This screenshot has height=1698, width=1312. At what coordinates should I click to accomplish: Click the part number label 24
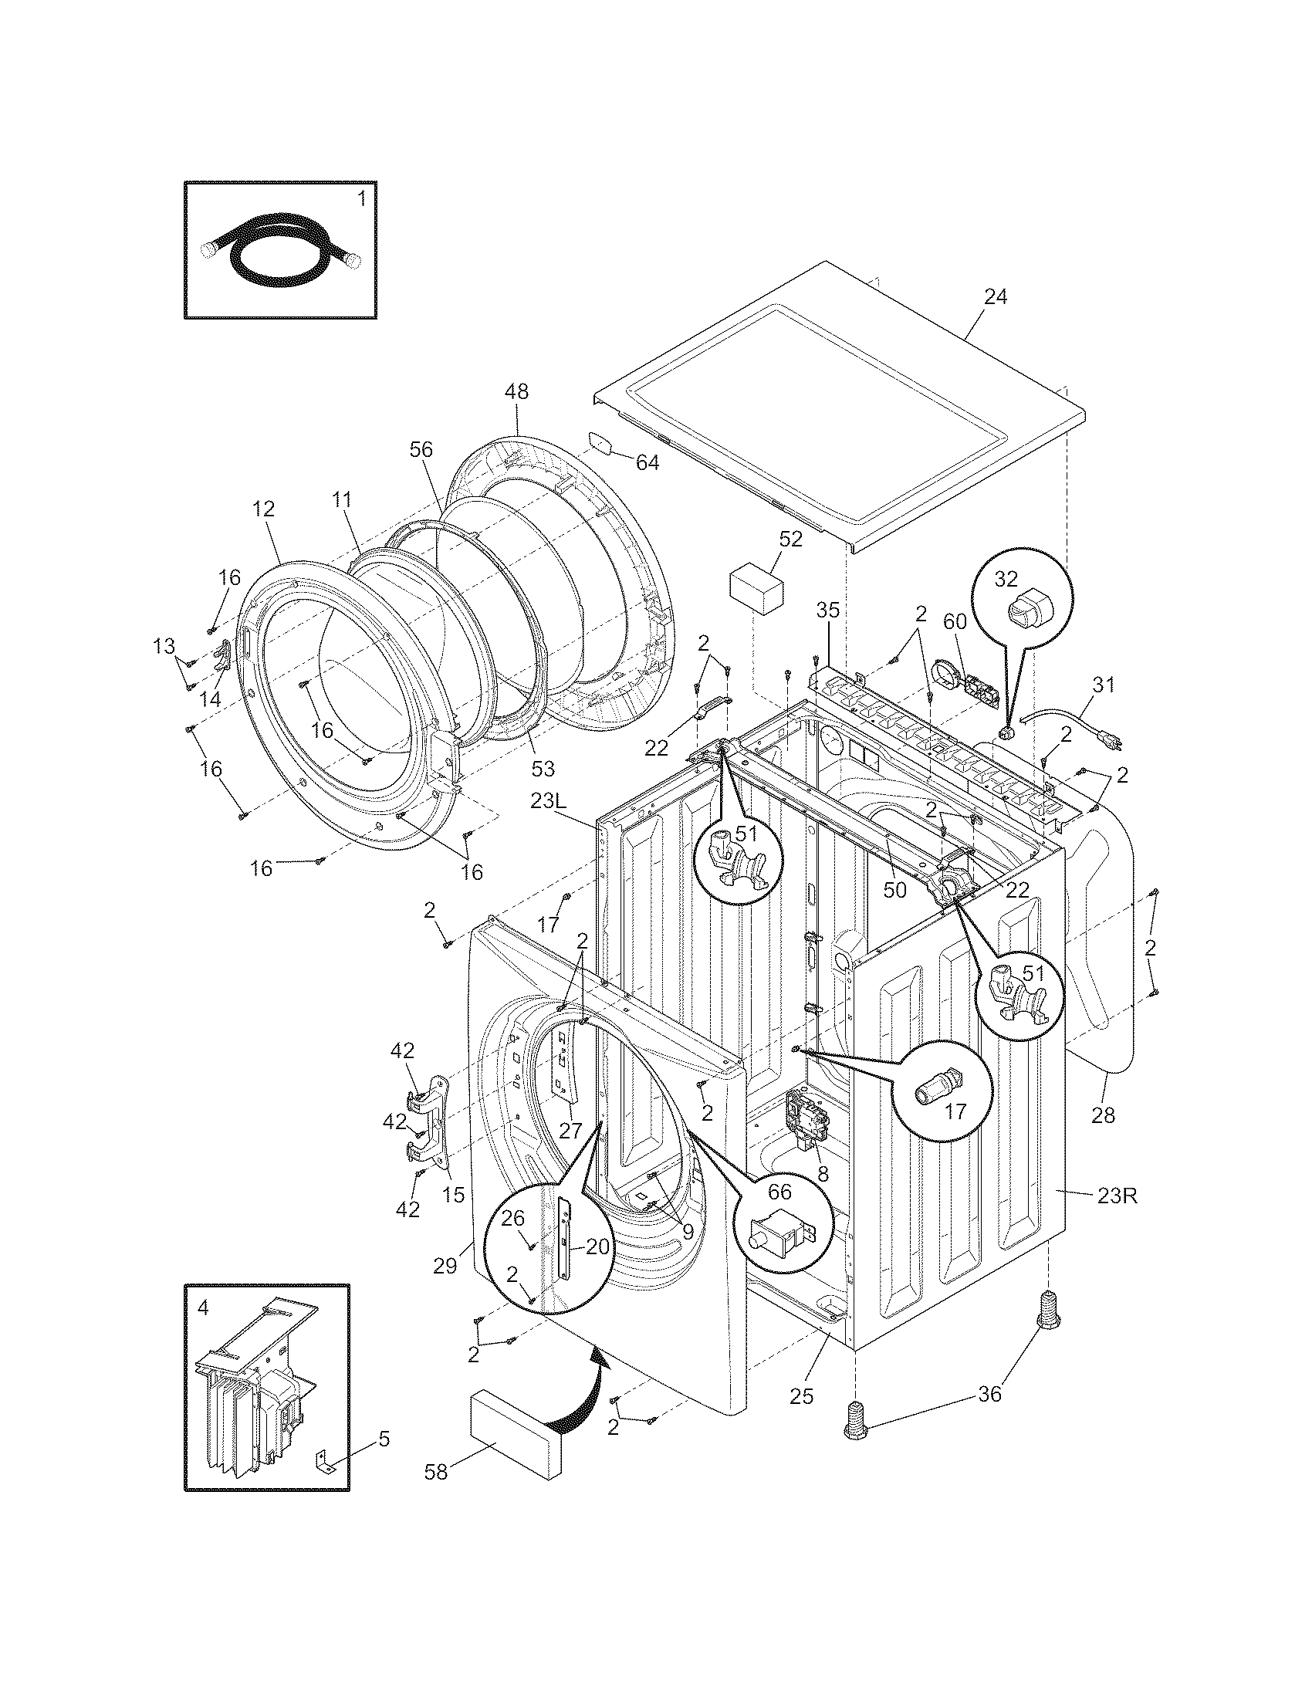click(x=995, y=297)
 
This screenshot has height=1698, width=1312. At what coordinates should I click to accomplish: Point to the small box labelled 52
click(x=756, y=594)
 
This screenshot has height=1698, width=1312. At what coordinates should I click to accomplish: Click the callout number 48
click(x=516, y=392)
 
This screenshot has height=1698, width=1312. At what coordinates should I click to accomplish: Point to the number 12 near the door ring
click(x=263, y=509)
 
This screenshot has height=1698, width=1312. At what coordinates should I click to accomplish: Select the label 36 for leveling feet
click(x=989, y=1395)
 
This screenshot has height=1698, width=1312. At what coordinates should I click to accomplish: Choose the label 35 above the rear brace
click(x=828, y=611)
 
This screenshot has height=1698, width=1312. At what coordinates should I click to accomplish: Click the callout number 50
click(x=894, y=890)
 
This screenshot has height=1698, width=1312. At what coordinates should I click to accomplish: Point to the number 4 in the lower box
click(x=203, y=1307)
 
